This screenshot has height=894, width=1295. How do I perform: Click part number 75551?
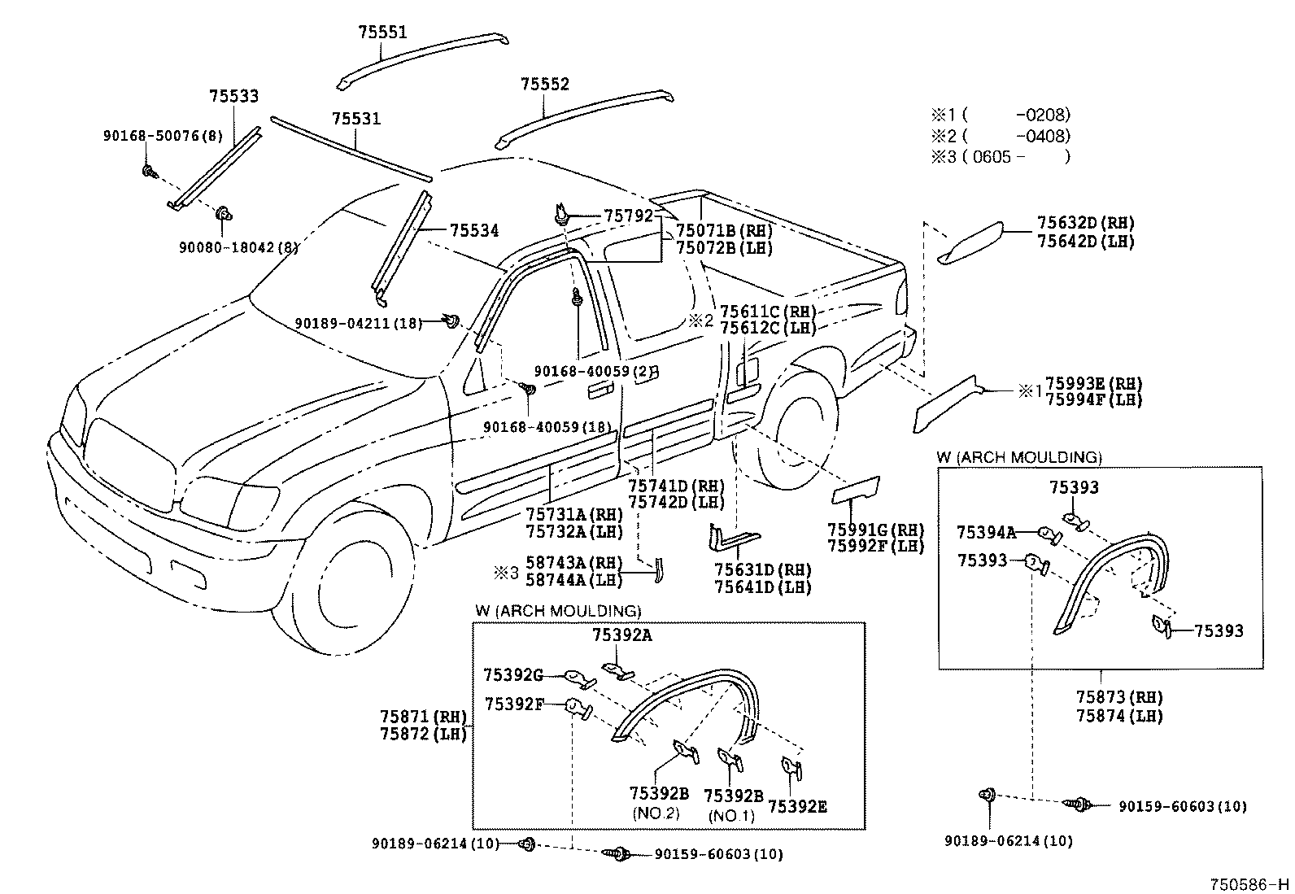382,33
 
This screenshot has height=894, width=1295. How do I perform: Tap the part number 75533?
233,96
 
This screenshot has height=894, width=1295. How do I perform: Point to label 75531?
355,119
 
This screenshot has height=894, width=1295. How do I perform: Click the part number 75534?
473,231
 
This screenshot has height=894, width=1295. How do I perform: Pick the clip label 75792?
628,216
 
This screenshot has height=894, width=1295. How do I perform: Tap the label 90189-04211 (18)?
358,323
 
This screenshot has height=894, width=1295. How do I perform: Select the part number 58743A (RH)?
573,563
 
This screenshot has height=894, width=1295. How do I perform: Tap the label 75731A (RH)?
573,514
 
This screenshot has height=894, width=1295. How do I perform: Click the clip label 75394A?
986,533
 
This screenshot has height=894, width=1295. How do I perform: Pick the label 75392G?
513,674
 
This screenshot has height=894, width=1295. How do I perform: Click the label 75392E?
797,806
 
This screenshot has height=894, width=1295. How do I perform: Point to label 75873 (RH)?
1118,697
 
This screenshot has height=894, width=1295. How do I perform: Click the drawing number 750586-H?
1249,884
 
